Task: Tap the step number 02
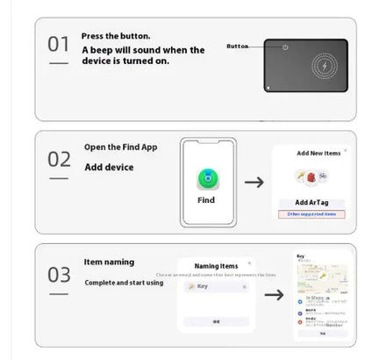pyautogui.click(x=58, y=160)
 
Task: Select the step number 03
pyautogui.click(x=58, y=274)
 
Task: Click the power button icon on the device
pyautogui.click(x=287, y=46)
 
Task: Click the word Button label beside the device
pyautogui.click(x=238, y=46)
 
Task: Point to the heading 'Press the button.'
pyautogui.click(x=116, y=36)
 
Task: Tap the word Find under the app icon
pyautogui.click(x=207, y=200)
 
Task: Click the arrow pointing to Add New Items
pyautogui.click(x=254, y=182)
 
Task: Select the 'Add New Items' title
pyautogui.click(x=318, y=153)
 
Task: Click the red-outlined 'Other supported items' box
pyautogui.click(x=312, y=213)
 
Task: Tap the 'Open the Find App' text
pyautogui.click(x=121, y=147)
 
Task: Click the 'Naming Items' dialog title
pyautogui.click(x=216, y=265)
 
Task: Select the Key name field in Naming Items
pyautogui.click(x=217, y=286)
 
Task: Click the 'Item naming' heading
pyautogui.click(x=110, y=262)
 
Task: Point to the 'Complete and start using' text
pyautogui.click(x=124, y=283)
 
